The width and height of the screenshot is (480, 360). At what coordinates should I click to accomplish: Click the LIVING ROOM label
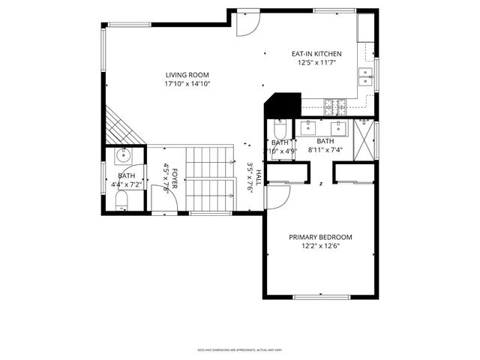pos(187,74)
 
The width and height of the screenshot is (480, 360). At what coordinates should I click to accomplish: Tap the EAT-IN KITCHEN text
pos(316,54)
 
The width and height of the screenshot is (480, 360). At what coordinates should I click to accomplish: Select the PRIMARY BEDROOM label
pos(320,237)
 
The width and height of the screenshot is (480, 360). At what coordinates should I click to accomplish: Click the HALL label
pos(258,178)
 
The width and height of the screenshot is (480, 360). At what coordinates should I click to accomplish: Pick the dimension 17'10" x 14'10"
pos(187,84)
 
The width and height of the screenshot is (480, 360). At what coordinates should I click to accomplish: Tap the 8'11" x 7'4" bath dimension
pos(325,151)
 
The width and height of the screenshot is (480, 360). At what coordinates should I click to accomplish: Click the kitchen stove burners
pos(333,104)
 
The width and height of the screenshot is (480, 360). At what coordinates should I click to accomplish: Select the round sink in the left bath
pos(124,157)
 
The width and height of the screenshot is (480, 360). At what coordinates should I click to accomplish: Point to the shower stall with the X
pos(363,138)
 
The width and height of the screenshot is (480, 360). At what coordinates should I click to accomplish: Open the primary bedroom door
pos(276,197)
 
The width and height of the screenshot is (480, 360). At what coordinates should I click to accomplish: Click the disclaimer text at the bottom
pos(239,349)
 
